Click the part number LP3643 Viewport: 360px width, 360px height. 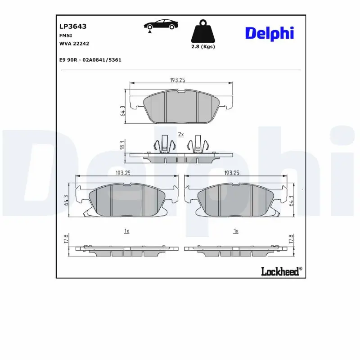[x=73, y=27]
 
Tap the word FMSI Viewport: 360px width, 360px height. [x=66, y=35]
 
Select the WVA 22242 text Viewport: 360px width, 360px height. [x=74, y=43]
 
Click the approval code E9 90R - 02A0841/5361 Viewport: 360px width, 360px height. [x=90, y=59]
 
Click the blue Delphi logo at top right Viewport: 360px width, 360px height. [x=269, y=33]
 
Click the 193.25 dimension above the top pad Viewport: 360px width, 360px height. [x=177, y=80]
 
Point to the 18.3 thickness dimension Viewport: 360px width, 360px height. [x=122, y=145]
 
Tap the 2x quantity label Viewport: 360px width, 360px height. [x=181, y=135]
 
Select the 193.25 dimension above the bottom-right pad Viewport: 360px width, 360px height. [x=231, y=173]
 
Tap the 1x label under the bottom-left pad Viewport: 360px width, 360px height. [x=127, y=231]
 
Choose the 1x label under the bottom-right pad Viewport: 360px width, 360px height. [x=235, y=231]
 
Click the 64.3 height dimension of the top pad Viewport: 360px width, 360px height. [x=122, y=111]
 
